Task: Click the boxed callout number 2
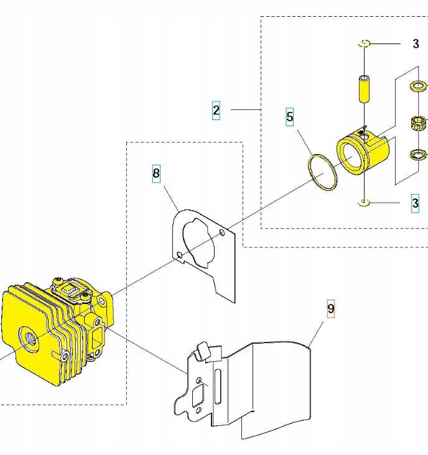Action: [216, 110]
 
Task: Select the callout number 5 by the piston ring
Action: [290, 116]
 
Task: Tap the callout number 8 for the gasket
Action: [156, 173]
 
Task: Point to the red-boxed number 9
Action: [331, 308]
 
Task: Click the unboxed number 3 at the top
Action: [416, 44]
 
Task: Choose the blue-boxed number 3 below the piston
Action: [416, 202]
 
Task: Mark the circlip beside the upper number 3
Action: [365, 43]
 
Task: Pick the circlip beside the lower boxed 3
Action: [365, 202]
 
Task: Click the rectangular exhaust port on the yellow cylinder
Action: [98, 339]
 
